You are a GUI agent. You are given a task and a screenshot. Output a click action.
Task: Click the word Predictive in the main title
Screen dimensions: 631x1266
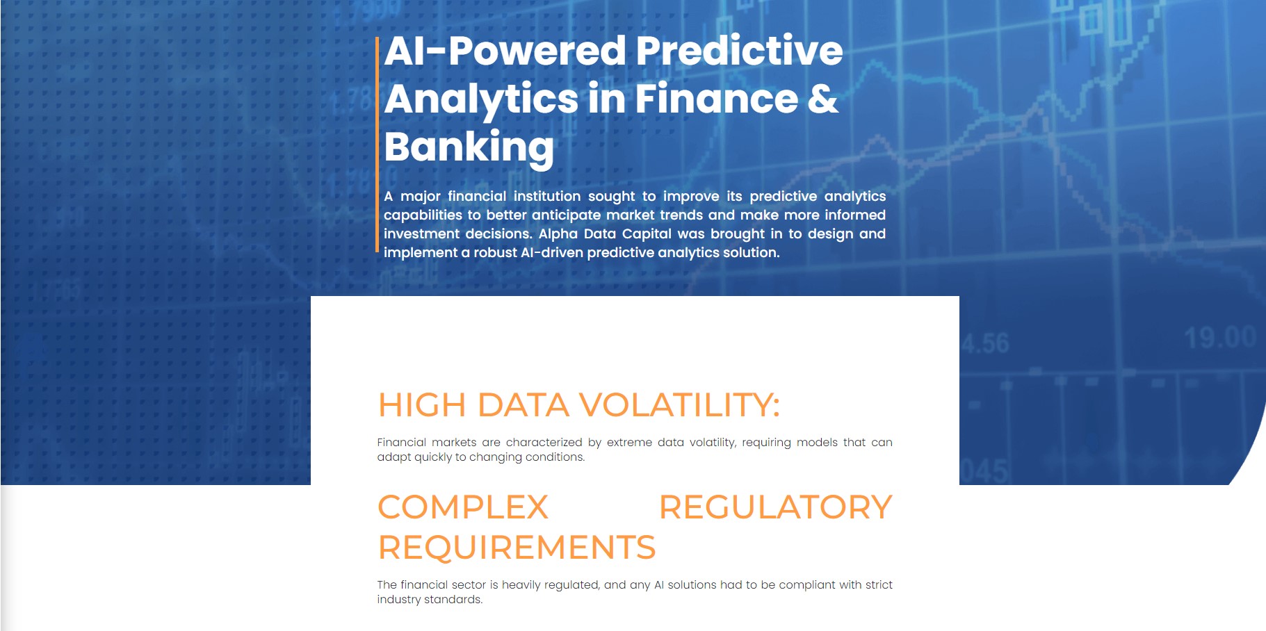[x=739, y=51]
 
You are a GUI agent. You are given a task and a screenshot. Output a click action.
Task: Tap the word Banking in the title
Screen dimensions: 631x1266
[x=469, y=147]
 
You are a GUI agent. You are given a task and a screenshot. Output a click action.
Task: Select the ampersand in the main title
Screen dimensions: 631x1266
[x=822, y=99]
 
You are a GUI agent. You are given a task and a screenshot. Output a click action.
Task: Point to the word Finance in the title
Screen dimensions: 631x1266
[x=716, y=99]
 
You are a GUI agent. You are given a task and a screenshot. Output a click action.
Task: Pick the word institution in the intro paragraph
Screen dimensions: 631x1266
[x=546, y=197]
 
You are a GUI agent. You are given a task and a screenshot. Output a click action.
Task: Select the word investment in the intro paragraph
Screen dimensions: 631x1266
[x=421, y=234]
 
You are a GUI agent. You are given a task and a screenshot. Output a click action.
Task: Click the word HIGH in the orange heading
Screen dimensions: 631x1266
[x=421, y=405]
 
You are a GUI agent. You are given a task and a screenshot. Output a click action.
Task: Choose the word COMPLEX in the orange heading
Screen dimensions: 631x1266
[x=463, y=507]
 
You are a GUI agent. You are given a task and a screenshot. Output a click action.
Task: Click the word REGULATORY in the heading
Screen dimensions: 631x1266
[x=775, y=507]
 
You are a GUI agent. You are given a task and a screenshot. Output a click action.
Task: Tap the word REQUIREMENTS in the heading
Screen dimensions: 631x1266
[x=517, y=548]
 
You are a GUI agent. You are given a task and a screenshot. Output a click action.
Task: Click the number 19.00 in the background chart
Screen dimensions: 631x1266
[x=1220, y=338]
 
